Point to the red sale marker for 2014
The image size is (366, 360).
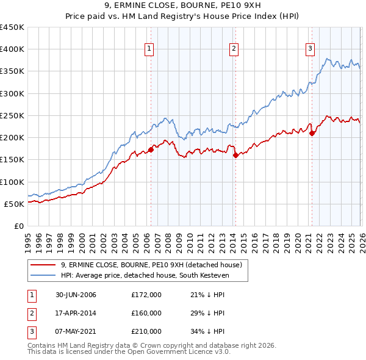tap(235, 155)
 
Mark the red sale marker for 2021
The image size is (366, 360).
tap(312, 133)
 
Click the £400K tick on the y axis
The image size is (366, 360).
tap(13, 49)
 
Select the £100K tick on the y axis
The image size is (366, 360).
tap(13, 182)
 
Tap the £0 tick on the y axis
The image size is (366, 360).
tap(19, 226)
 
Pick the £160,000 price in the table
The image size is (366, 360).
tap(146, 313)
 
